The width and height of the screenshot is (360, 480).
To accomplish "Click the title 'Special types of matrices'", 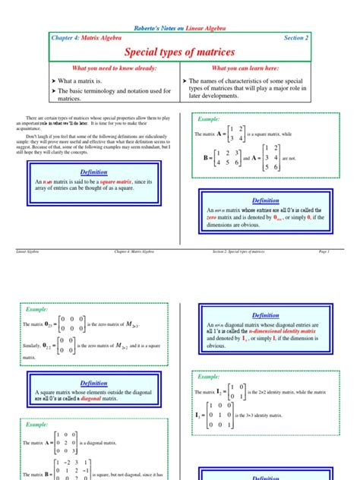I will coord(180,52).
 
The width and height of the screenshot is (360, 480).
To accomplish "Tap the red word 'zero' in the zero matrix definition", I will coord(214,217).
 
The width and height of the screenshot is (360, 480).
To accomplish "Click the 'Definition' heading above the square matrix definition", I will coord(94,172).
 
